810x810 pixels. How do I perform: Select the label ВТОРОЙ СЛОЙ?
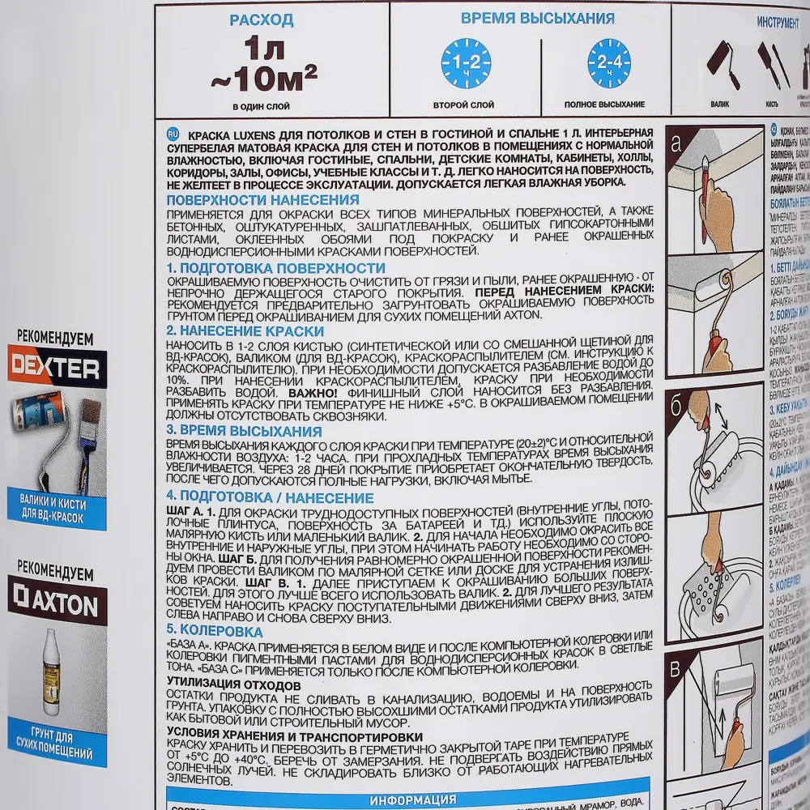[464, 104]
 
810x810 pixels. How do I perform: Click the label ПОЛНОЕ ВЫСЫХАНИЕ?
[605, 104]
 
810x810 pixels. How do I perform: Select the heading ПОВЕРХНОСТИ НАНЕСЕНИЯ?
[262, 200]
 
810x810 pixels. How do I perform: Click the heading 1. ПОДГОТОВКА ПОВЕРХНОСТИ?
[275, 268]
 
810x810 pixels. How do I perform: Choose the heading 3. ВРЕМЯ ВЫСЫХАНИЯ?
[244, 430]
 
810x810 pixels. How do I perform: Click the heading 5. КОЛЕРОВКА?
[214, 630]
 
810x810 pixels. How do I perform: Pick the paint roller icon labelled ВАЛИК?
[720, 65]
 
